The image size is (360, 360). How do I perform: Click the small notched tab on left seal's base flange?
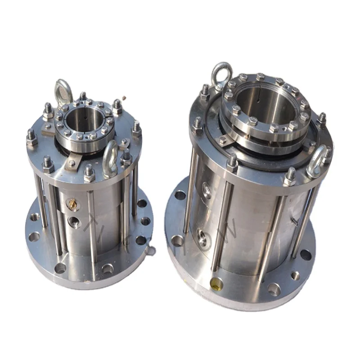(151, 250)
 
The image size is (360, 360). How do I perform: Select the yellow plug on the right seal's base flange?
(216, 283)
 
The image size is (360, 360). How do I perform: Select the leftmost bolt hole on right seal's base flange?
(180, 195)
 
